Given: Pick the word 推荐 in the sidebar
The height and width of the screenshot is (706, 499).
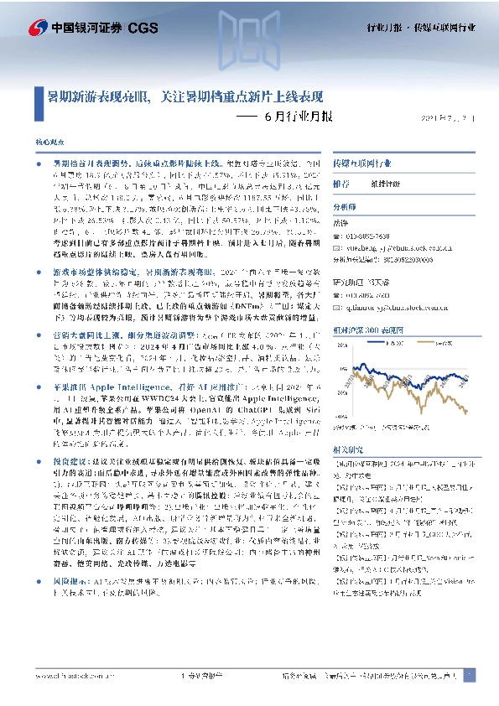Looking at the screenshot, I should click(341, 183).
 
